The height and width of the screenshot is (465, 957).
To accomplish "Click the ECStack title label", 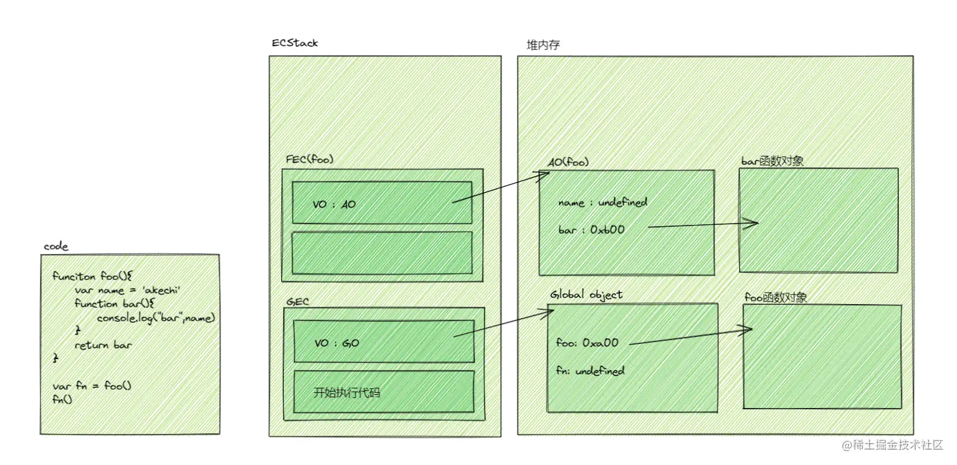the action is click(295, 43).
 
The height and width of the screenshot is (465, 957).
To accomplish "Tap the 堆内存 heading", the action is click(543, 45).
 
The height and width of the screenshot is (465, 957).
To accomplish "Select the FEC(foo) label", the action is click(310, 159).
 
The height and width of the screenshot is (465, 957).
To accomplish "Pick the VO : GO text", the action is click(337, 343).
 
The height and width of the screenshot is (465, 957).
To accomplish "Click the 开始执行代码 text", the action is click(347, 392).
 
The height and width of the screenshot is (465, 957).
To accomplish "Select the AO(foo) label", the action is click(569, 162).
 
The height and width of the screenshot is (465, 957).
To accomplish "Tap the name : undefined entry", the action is click(602, 203).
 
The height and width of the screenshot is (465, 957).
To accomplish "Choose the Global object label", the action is click(586, 295).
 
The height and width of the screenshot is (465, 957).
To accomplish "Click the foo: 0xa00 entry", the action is click(586, 343).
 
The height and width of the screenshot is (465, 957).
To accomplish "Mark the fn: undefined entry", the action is click(590, 371).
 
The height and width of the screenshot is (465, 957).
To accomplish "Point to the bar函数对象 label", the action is click(772, 161).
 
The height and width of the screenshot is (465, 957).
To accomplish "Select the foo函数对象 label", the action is click(775, 297).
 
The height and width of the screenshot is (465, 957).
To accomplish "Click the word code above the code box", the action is click(56, 246).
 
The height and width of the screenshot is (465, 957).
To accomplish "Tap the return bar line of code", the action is click(103, 345).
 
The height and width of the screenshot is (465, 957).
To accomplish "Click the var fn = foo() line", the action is click(92, 386).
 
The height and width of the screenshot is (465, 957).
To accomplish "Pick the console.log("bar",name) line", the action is click(156, 317).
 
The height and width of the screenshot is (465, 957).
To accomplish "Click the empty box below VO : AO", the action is click(382, 253).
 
